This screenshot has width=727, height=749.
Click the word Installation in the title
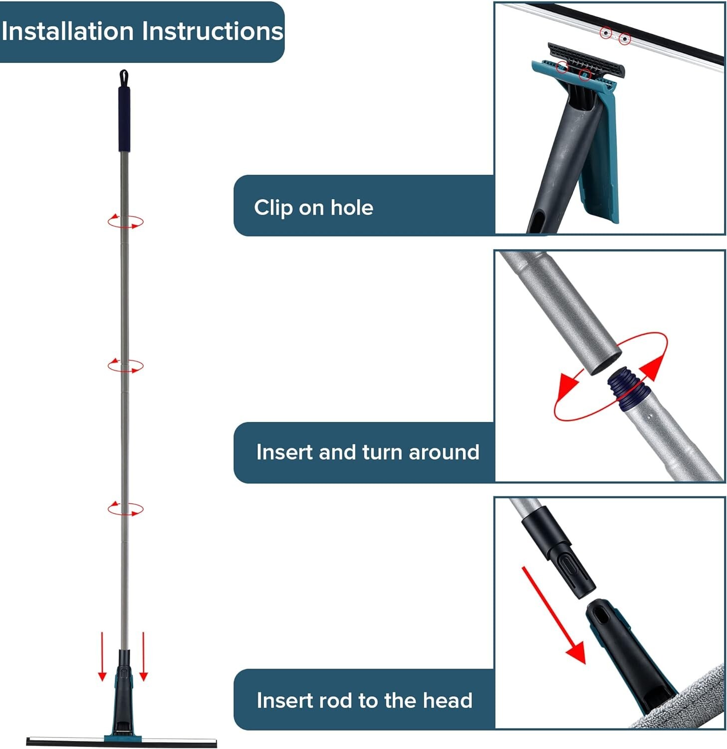point(67,31)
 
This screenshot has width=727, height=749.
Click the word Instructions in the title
point(213,31)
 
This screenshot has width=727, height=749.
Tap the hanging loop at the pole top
point(124,77)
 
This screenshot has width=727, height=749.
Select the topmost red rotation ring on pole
point(125,221)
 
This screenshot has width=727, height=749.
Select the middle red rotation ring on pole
point(125,366)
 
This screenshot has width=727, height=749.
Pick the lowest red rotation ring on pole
point(125,509)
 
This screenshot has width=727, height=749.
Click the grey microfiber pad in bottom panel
point(689,699)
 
